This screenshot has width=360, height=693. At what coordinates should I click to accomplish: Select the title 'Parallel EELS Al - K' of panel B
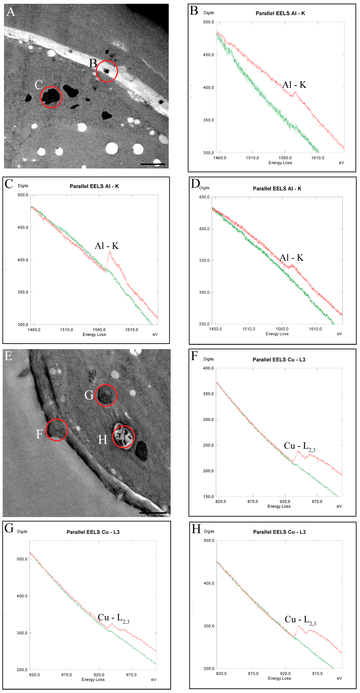click(x=280, y=13)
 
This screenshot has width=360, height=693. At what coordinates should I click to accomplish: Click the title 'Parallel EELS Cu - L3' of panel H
click(x=279, y=532)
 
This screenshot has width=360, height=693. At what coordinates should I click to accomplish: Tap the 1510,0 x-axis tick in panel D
click(x=249, y=329)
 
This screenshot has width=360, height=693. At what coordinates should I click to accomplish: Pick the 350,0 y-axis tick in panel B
click(x=208, y=120)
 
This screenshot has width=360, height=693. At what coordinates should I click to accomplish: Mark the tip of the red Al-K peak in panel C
click(x=109, y=250)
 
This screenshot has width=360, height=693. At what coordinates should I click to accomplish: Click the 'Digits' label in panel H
click(x=209, y=531)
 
